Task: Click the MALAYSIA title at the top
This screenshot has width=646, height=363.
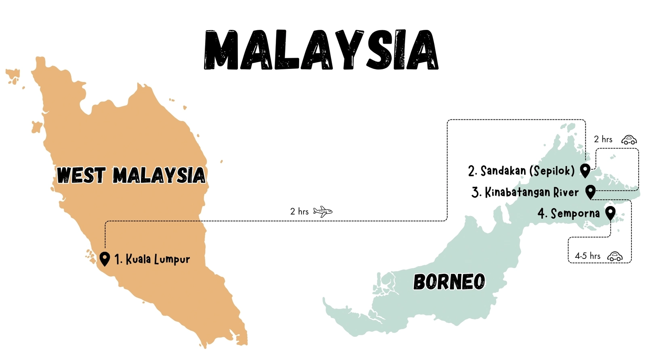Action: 321,50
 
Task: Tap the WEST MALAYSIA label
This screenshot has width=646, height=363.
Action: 131,175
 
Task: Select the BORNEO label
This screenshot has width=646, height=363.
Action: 449,282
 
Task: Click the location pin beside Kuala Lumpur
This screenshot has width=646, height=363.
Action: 105,259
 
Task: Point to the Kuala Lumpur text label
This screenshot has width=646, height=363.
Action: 152,259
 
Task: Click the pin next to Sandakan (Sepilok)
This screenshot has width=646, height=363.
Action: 585,170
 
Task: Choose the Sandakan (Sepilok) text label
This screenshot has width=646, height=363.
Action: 521,171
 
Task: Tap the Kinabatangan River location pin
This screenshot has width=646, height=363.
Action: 590,192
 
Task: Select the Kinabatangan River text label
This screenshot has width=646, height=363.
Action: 525,192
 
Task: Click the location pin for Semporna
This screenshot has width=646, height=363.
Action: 610,213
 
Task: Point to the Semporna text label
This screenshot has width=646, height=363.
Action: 568,213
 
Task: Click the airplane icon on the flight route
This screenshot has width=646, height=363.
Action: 323,211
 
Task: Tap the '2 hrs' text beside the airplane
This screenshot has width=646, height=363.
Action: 299,211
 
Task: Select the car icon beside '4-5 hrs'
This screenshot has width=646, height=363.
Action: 615,256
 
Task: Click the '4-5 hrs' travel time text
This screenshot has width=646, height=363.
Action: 587,256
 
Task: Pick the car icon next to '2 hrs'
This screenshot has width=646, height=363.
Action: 629,140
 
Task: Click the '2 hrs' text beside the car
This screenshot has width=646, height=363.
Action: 603,139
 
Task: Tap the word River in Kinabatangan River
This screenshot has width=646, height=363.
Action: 566,192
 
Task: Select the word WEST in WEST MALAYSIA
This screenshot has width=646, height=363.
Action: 81,175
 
